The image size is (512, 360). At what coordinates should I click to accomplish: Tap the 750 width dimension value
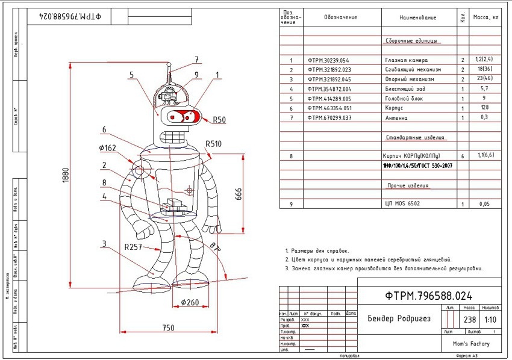click(x=168, y=327)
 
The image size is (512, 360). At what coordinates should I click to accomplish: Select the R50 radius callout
click(x=219, y=120)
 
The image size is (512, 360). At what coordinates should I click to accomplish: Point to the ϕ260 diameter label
click(x=190, y=302)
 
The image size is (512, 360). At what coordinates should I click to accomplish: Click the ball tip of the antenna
click(x=169, y=65)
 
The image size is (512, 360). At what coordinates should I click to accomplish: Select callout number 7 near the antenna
click(x=196, y=60)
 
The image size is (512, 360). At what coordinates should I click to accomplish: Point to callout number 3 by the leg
click(x=104, y=243)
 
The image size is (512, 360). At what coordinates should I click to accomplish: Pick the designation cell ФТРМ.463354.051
click(x=328, y=108)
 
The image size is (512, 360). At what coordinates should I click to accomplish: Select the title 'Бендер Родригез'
click(x=399, y=318)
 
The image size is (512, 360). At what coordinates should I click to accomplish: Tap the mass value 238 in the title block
click(x=467, y=319)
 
